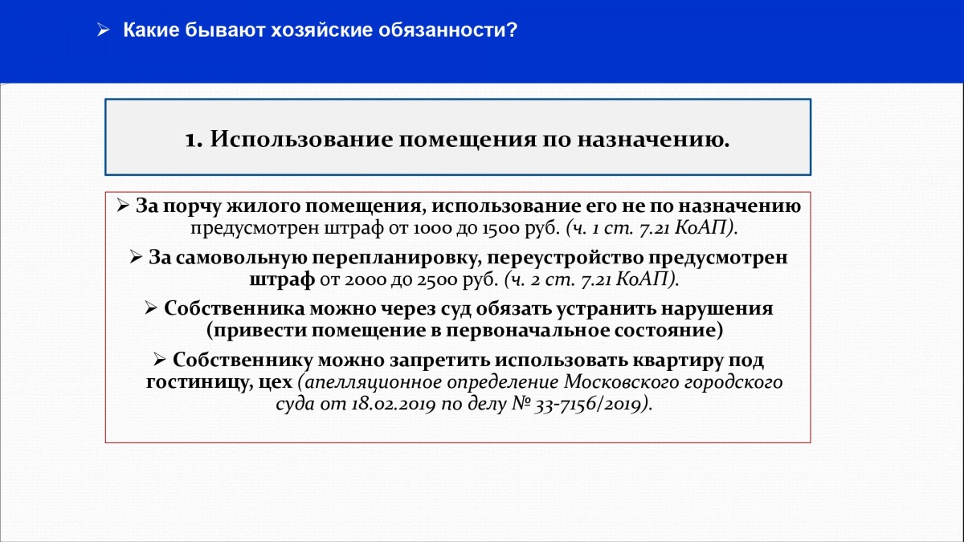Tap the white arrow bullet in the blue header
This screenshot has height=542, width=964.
104,31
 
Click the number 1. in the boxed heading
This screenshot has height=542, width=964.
194,140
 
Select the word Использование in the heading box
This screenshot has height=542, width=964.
301,140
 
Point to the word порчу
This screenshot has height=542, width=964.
191,206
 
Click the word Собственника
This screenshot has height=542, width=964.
234,309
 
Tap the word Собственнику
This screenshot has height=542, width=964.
243,361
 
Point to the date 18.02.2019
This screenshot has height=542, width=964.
394,405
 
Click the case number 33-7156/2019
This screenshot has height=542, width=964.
589,405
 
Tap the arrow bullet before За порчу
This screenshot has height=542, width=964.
123,206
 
